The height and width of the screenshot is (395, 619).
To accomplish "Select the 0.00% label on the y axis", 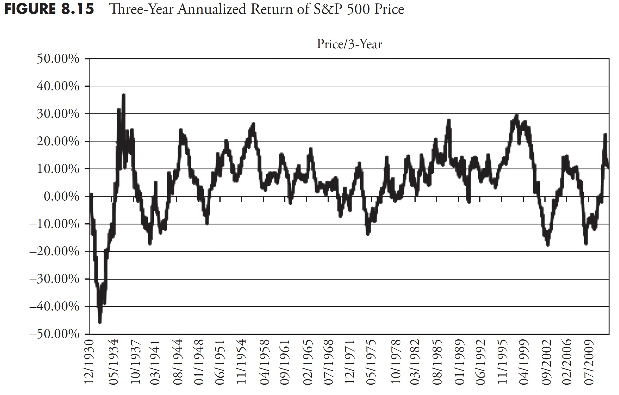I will click(x=61, y=197).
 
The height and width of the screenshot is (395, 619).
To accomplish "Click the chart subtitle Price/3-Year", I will click(x=349, y=44).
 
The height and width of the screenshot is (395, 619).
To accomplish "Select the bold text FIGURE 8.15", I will click(x=49, y=9).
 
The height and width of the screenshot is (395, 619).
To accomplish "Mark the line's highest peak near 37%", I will click(x=123, y=95).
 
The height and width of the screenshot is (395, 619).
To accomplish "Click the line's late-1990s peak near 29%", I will click(x=517, y=116).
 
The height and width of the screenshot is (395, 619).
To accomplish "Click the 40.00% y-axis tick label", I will click(x=58, y=86).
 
